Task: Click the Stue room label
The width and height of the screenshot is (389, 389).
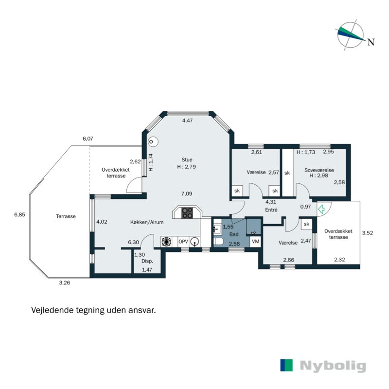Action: (187, 160)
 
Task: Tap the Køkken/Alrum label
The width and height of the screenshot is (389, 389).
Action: (147, 222)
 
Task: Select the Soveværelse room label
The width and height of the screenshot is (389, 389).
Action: (319, 170)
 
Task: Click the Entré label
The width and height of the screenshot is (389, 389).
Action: (271, 210)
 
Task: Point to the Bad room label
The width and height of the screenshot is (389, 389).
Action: (234, 234)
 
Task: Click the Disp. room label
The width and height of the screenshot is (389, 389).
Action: (147, 261)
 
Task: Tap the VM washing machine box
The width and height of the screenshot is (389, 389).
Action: (256, 241)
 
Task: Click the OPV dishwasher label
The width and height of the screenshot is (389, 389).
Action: (183, 242)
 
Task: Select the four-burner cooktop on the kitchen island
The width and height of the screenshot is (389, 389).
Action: (187, 213)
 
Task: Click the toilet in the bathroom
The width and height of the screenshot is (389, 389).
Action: (218, 241)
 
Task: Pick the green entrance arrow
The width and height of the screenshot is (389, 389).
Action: (321, 209)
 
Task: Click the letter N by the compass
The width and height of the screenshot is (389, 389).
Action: (371, 42)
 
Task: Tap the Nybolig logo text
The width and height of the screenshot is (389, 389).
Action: (333, 366)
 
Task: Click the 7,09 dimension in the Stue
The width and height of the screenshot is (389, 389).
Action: (187, 194)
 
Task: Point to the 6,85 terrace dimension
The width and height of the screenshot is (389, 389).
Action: (19, 214)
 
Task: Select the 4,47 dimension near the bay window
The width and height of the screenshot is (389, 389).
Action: (188, 121)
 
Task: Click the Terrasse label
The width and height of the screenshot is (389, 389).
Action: (66, 216)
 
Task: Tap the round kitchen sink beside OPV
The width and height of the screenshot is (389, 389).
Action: (195, 241)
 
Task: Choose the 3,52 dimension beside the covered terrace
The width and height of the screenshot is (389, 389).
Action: (368, 233)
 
